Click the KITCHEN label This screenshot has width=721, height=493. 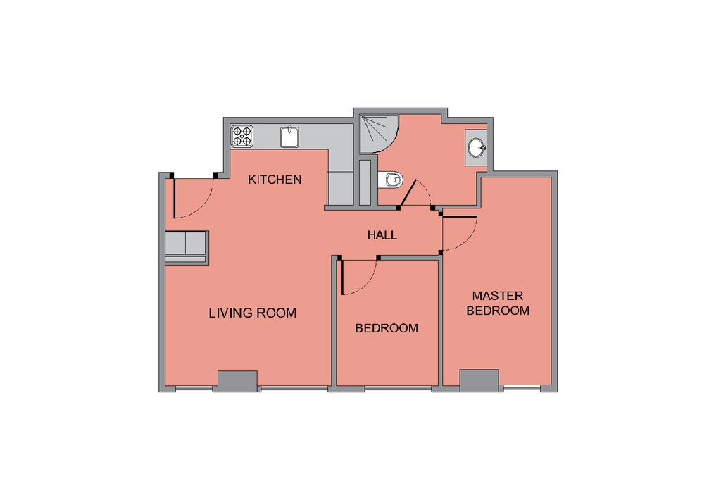click(275, 180)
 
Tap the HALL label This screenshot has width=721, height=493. click(382, 235)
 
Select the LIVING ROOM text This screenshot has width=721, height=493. click(253, 313)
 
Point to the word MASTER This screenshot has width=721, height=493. click(498, 295)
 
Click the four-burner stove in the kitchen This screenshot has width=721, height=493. click(242, 136)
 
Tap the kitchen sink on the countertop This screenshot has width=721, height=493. click(289, 137)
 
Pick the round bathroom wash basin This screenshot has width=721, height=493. click(477, 148)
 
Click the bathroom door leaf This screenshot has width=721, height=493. click(408, 193)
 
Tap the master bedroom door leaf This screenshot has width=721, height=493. click(460, 216)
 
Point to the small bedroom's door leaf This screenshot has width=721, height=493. click(343, 277)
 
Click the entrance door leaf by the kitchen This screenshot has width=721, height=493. click(175, 198)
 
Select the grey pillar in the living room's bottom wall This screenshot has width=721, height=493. click(237, 381)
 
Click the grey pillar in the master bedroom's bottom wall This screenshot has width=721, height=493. click(479, 380)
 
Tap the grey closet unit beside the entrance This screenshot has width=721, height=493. click(185, 247)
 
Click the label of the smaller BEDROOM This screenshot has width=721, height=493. click(387, 328)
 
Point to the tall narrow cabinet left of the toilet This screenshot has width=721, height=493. click(365, 182)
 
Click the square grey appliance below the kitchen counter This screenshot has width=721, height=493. click(340, 189)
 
